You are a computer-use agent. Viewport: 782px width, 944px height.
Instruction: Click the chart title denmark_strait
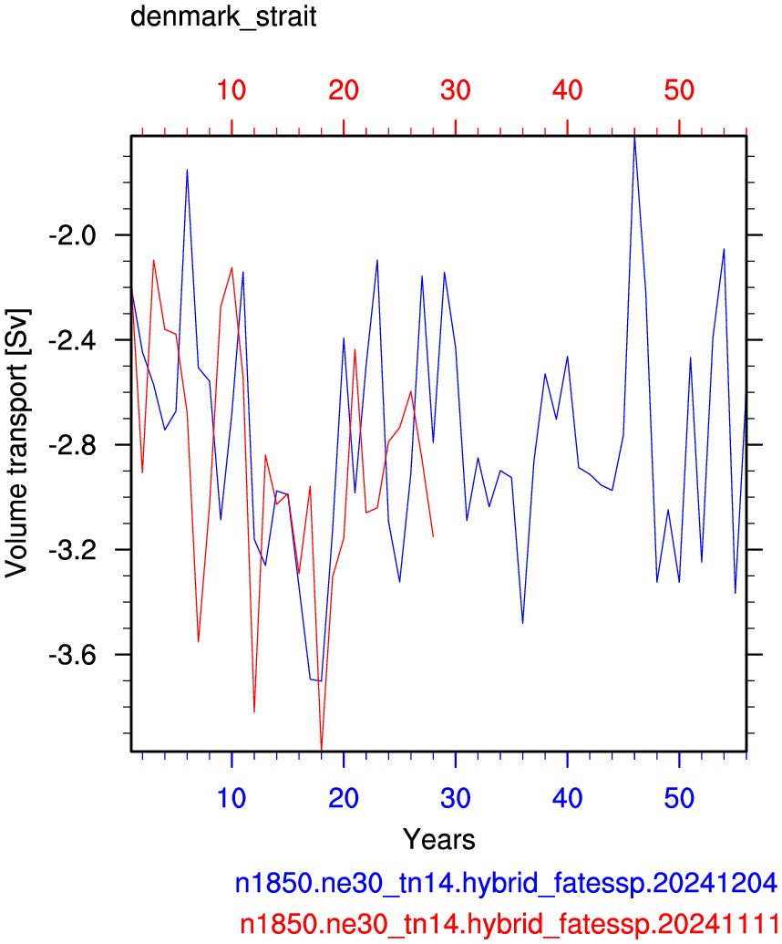point(223,16)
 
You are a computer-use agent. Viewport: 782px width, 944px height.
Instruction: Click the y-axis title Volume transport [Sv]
point(16,443)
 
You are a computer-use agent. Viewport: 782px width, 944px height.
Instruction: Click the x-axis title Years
point(439,839)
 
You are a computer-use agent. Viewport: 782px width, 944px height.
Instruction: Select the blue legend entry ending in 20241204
point(506,883)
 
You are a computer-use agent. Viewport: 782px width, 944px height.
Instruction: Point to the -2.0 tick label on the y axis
point(72,234)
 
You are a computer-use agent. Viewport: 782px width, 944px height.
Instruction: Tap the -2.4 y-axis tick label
point(72,340)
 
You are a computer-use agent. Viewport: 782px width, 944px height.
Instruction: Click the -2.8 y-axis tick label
point(72,445)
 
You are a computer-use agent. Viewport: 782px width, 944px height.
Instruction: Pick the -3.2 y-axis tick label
point(72,550)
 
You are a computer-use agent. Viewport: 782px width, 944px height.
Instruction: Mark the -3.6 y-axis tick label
point(72,655)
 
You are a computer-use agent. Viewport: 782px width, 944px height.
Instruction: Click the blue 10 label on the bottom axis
point(232,798)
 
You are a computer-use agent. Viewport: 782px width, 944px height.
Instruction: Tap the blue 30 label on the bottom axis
point(456,798)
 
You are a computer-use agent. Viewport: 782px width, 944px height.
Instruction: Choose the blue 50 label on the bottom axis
point(679,798)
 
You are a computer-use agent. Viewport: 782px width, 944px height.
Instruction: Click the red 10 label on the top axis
point(232,90)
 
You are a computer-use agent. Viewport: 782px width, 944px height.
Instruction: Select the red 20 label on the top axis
point(344,90)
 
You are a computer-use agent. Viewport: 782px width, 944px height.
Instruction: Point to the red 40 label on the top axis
point(567,90)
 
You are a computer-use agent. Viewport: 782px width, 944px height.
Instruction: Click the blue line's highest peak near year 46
point(634,138)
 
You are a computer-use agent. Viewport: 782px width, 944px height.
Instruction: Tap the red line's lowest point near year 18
point(321,750)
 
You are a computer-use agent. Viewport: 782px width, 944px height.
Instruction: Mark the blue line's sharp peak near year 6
point(187,170)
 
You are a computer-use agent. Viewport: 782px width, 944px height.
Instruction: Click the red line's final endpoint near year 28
point(433,535)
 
